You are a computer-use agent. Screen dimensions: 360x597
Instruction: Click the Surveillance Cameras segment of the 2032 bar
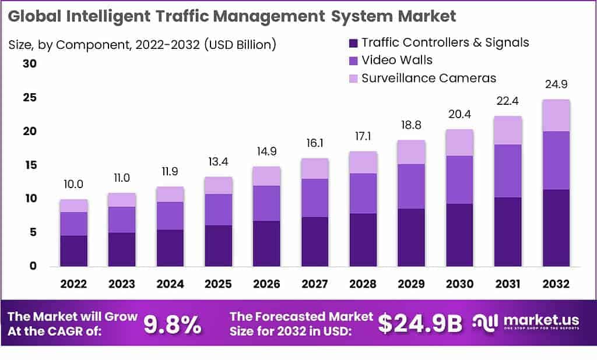pyautogui.click(x=556, y=115)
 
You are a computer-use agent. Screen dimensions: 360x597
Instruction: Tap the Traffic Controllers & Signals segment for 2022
pyautogui.click(x=73, y=251)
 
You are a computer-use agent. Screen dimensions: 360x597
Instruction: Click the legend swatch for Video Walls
pyautogui.click(x=353, y=60)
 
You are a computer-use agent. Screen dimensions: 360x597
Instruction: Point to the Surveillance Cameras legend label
pyautogui.click(x=429, y=78)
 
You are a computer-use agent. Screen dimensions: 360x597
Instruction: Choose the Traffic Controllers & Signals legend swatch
pyautogui.click(x=353, y=43)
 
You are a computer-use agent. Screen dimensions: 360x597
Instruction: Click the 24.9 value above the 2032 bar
pyautogui.click(x=556, y=86)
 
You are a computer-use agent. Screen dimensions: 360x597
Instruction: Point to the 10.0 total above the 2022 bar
pyautogui.click(x=73, y=185)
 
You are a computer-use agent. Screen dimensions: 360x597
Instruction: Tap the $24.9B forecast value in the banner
pyautogui.click(x=420, y=324)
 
